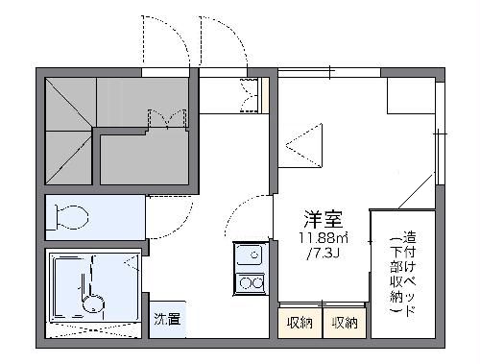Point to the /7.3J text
pyautogui.click(x=324, y=255)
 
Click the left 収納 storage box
pyautogui.click(x=300, y=323)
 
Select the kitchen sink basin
pyautogui.click(x=250, y=255)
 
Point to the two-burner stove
pyautogui.click(x=250, y=283)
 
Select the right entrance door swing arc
pyautogui.click(x=224, y=43)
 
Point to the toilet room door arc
pyautogui.click(x=161, y=219)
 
